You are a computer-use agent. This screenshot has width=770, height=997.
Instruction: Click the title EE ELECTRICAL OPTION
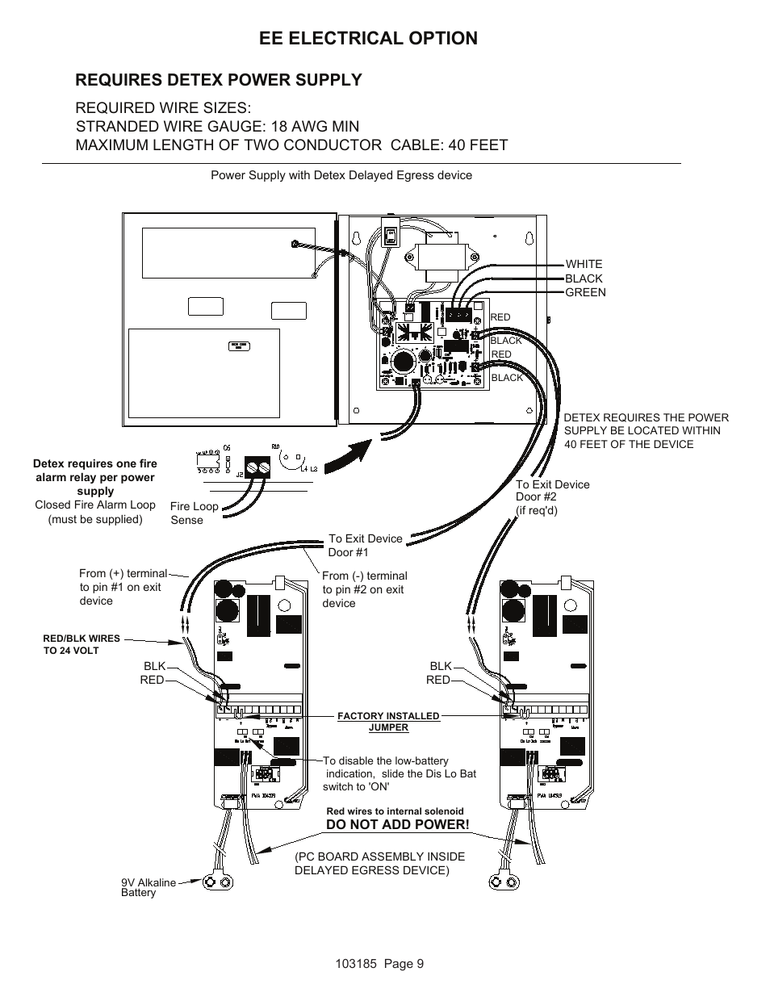tap(369, 38)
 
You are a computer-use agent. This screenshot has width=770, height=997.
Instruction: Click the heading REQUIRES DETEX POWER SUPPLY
tap(219, 80)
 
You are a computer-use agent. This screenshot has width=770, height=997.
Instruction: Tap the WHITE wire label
tap(584, 264)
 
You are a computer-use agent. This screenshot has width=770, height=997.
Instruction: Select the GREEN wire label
tap(585, 292)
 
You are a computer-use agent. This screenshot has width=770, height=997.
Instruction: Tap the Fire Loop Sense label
tap(194, 513)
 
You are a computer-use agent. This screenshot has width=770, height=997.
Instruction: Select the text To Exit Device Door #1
tap(365, 545)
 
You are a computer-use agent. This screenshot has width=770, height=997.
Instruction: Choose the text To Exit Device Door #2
tap(552, 497)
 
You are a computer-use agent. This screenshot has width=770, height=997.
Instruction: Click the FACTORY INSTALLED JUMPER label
tap(388, 722)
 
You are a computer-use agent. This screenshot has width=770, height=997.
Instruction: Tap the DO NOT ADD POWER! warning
tap(397, 824)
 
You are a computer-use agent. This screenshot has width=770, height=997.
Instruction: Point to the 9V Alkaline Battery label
tap(148, 887)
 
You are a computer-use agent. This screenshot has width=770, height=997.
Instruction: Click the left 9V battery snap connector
tap(220, 883)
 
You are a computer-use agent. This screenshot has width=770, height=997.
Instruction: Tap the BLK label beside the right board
tap(441, 666)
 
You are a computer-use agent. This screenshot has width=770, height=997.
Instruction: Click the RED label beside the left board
tap(152, 680)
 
